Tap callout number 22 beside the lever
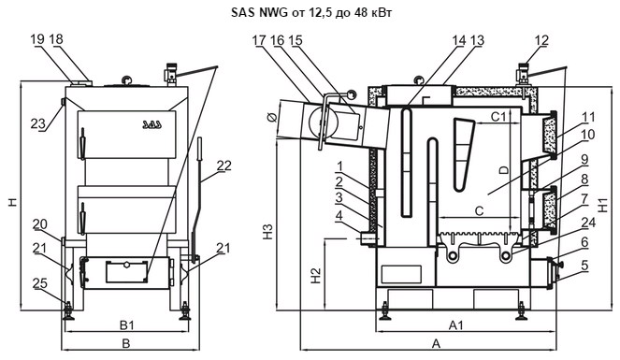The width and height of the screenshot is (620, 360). (x=223, y=166)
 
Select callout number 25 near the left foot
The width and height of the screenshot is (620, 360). (x=40, y=283)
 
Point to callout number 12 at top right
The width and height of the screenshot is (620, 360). (x=541, y=40)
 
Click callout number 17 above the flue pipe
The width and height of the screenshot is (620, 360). (x=259, y=40)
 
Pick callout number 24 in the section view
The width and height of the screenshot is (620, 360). (x=588, y=223)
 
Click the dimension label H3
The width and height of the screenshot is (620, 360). (x=268, y=232)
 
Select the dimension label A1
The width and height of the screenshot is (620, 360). (x=456, y=325)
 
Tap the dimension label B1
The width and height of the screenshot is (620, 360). (x=127, y=325)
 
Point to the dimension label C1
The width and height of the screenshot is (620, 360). (x=498, y=117)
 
